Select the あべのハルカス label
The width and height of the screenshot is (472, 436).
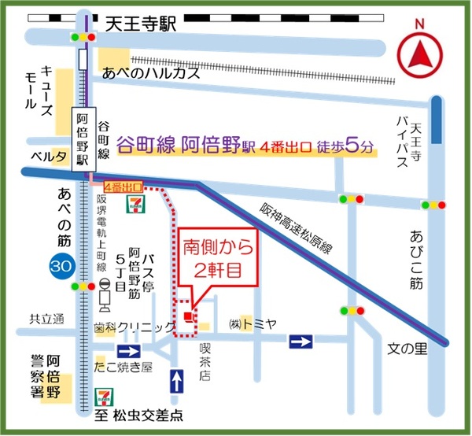pyautogui.click(x=153, y=73)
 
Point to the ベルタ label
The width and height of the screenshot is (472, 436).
pyautogui.click(x=48, y=157)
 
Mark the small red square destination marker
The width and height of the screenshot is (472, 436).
pyautogui.click(x=187, y=316)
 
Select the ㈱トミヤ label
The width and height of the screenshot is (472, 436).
pyautogui.click(x=251, y=324)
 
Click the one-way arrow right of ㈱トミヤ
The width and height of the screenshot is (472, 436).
pyautogui.click(x=300, y=341)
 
